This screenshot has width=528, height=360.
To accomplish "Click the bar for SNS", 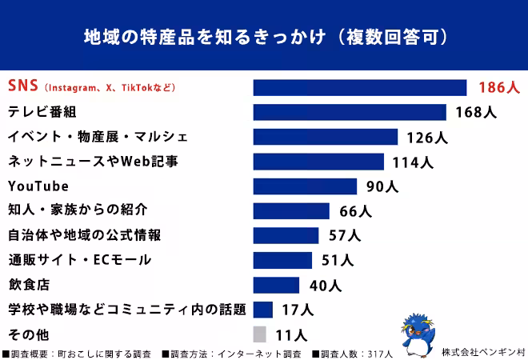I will click(x=359, y=87).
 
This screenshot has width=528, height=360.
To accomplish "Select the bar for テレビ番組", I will click(x=349, y=112).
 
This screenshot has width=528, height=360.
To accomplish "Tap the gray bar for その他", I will click(x=259, y=334).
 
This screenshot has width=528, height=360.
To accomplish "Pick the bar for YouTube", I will click(x=305, y=186).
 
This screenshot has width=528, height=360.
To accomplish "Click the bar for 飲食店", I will click(x=276, y=285).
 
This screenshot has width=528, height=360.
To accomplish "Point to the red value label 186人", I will click(x=499, y=87).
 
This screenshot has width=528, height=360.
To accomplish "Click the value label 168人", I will click(x=475, y=112).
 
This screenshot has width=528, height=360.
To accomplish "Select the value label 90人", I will click(x=382, y=186).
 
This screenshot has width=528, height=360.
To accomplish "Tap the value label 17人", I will click(x=298, y=310).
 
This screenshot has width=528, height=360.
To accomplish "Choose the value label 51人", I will click(x=336, y=260).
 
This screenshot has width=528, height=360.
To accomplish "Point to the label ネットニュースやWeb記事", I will click(x=92, y=162).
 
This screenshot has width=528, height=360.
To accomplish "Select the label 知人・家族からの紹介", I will click(x=77, y=210).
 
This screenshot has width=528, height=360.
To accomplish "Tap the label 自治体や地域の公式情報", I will click(x=84, y=235).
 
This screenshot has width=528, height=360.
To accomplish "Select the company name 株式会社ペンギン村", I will click(x=482, y=352).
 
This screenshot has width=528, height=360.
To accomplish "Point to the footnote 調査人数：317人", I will click(x=356, y=353).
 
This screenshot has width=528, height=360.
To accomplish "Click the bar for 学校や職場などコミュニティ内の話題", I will click(x=263, y=310).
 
